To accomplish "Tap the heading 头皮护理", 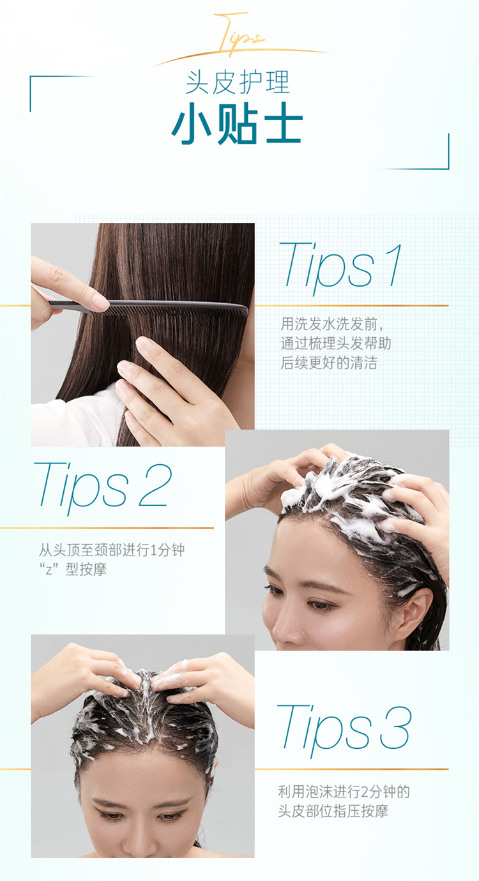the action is pos(238,82).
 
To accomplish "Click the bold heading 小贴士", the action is pos(237,123).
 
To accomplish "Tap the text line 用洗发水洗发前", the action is pos(332,324).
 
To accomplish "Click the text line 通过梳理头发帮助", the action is pos(336,343).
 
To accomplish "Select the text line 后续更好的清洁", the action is pos(329,362).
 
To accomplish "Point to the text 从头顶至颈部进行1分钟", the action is pos(111,550).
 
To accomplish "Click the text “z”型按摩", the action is pos(72,569).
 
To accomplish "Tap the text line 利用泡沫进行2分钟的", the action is pos(344,792).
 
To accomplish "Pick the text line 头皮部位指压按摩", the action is pos(333,811).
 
